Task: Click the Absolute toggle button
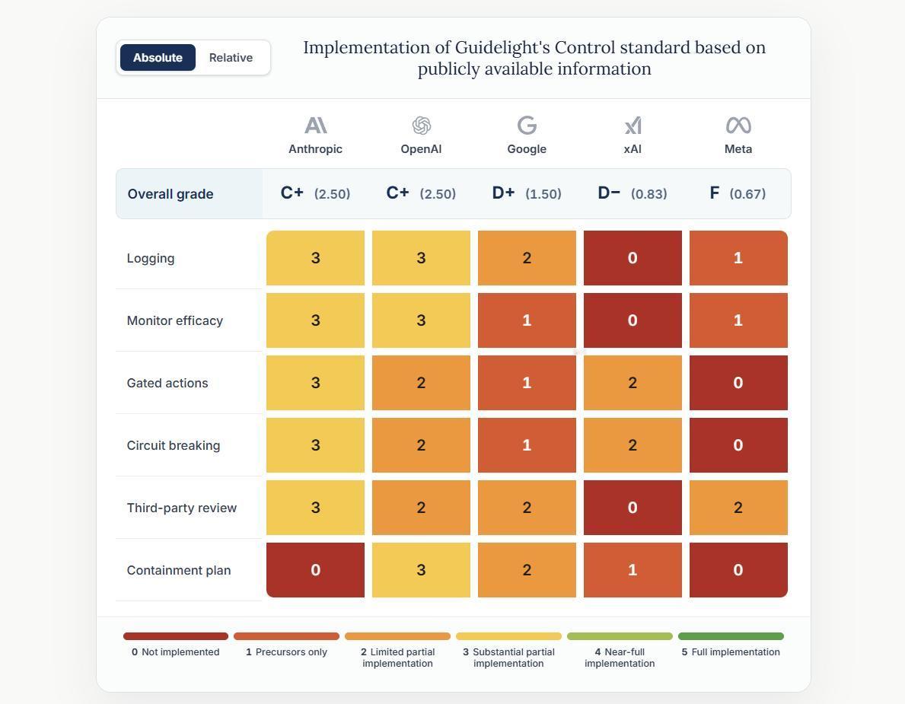(158, 58)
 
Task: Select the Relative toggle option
(231, 58)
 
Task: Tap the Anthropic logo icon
(316, 126)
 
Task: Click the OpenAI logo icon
(422, 126)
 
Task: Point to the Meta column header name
(738, 149)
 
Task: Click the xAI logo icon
(633, 126)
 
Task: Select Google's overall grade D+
(503, 193)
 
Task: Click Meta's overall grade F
(715, 193)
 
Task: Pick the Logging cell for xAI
(633, 258)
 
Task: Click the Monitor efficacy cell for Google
(527, 320)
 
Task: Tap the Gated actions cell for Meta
(738, 383)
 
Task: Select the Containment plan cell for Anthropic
(315, 569)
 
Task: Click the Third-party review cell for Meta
(738, 507)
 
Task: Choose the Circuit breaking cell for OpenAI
(422, 445)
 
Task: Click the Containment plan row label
(179, 570)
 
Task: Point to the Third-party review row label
(182, 508)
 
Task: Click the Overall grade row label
(170, 194)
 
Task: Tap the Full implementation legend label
(731, 652)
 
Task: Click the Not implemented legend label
(176, 652)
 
